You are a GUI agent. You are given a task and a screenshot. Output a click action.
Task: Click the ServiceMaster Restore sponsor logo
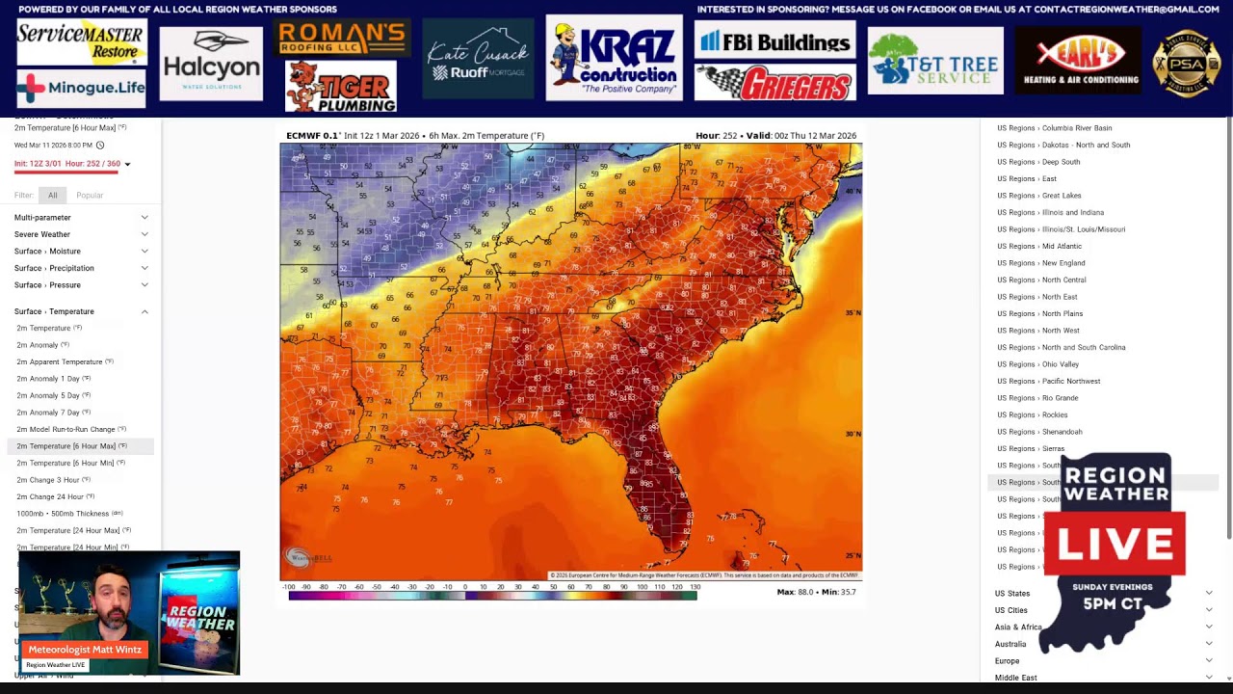click(x=81, y=42)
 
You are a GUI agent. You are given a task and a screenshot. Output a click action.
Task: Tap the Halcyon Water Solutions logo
click(x=211, y=64)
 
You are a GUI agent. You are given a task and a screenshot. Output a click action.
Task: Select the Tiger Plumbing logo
click(x=340, y=87)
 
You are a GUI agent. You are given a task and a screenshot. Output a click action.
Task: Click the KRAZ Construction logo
click(x=614, y=58)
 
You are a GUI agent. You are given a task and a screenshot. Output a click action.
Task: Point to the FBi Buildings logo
click(x=774, y=41)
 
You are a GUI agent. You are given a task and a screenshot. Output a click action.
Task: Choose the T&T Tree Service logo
click(x=934, y=61)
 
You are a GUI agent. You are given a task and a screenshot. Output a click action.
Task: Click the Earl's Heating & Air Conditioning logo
click(x=1077, y=61)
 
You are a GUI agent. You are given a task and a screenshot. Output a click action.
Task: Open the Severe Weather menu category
click(x=42, y=234)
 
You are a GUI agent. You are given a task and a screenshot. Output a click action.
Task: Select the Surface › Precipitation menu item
click(x=54, y=268)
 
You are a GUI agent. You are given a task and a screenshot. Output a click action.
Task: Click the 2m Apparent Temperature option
click(x=60, y=361)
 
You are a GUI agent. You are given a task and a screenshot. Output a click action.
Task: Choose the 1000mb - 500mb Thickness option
click(x=63, y=514)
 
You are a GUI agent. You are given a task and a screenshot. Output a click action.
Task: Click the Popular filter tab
click(x=90, y=196)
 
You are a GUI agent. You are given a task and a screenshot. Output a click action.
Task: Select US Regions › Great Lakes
click(x=1038, y=196)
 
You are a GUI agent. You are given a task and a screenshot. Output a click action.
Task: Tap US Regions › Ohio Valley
click(x=1037, y=364)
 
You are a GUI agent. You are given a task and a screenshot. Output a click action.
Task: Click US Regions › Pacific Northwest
click(x=1048, y=381)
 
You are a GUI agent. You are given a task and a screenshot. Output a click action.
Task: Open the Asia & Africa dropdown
click(x=1018, y=627)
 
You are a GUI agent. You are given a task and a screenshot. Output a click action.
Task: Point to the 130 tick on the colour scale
click(x=695, y=587)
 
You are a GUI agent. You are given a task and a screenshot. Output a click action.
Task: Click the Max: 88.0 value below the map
click(x=795, y=592)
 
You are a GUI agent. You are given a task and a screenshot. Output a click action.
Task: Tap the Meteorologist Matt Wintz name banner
click(x=85, y=650)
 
